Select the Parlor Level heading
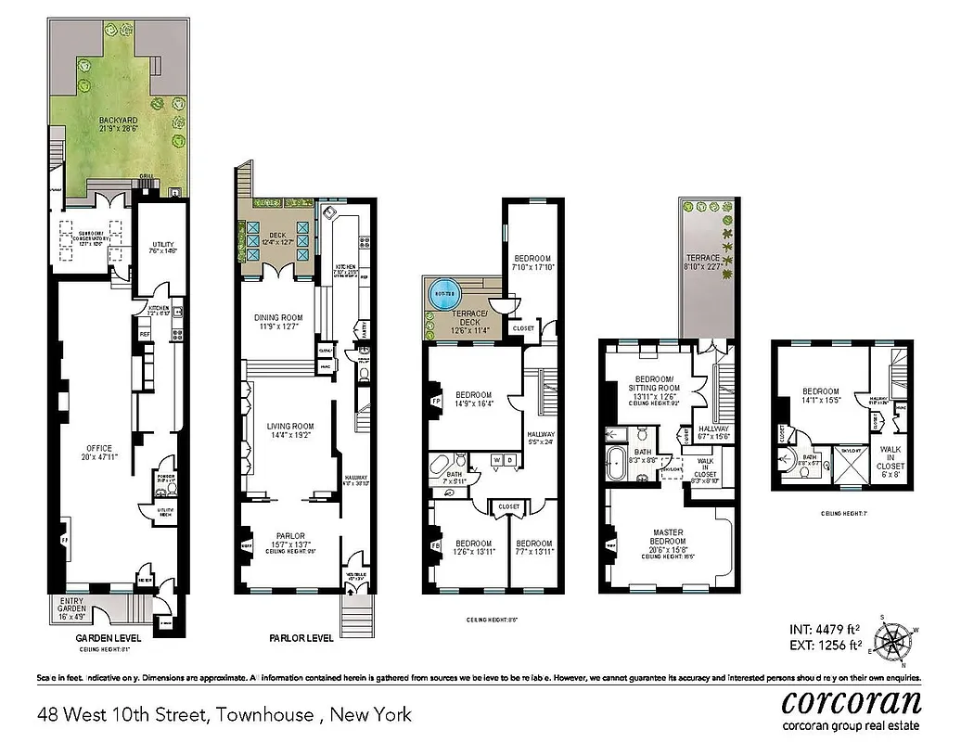[301, 639]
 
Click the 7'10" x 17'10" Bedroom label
[532, 263]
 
